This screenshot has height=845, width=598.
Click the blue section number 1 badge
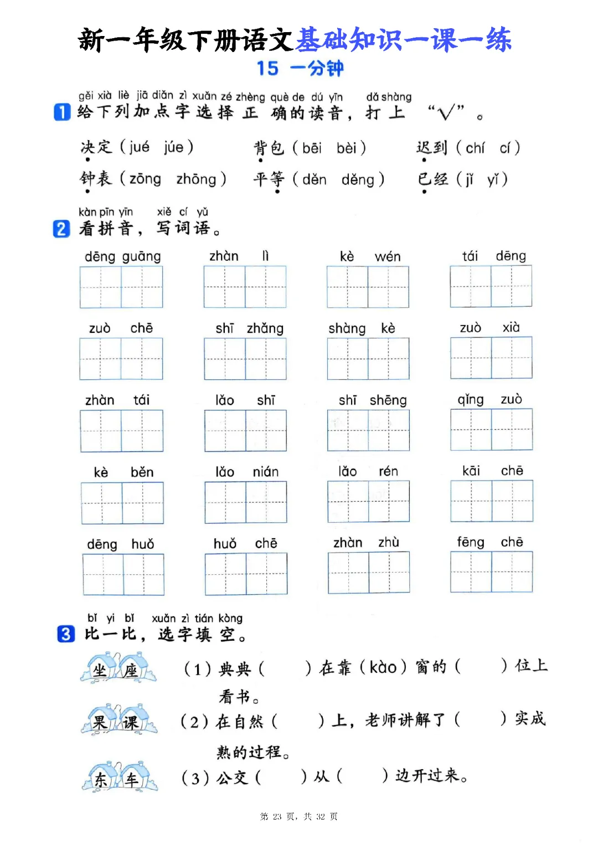(62, 112)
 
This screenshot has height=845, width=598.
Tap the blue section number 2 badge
(61, 229)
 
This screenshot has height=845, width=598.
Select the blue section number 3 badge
(66, 633)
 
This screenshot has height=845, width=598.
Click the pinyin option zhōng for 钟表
(196, 179)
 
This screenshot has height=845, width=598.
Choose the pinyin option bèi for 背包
(346, 148)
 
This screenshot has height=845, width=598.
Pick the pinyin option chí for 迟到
(475, 148)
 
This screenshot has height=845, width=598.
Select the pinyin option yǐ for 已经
(493, 179)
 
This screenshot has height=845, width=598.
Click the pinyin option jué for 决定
(139, 147)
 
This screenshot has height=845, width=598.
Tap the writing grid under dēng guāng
(121, 287)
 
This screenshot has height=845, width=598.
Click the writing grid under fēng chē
(491, 572)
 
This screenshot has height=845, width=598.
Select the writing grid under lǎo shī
(245, 431)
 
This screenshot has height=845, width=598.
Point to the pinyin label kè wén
(370, 256)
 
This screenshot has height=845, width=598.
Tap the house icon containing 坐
(101, 669)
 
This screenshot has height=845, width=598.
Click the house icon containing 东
(101, 778)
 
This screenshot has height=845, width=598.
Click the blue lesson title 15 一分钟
(300, 69)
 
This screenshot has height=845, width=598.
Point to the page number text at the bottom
(298, 816)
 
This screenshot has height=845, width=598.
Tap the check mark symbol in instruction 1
(445, 113)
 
